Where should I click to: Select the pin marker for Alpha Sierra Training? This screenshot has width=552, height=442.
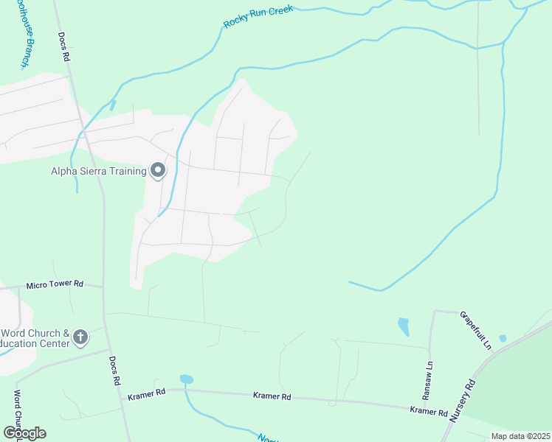[157, 170]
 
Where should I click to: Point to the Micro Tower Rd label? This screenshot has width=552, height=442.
[55, 284]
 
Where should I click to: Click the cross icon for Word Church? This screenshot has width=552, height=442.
[80, 338]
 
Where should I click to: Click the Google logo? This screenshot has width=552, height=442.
[24, 432]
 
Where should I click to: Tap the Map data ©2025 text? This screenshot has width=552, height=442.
[520, 436]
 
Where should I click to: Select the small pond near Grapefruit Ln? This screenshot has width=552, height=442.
[503, 338]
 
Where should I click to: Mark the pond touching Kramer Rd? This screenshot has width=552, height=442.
[186, 379]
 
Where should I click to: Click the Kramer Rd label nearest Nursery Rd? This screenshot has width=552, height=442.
[429, 411]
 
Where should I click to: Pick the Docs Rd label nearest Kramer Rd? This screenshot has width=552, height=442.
[115, 373]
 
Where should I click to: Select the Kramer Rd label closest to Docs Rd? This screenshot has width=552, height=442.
[146, 394]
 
